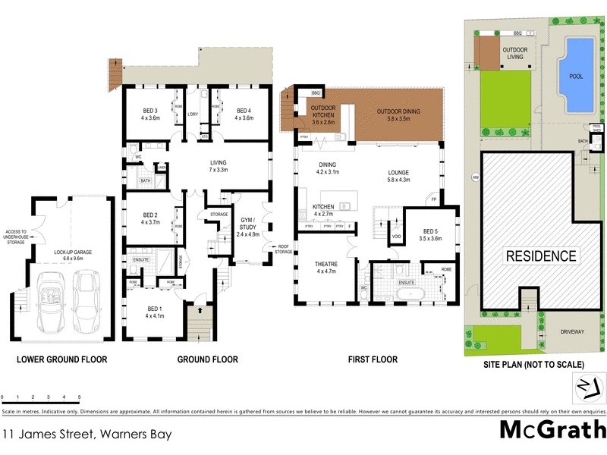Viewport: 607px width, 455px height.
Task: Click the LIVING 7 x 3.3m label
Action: tap(219, 166)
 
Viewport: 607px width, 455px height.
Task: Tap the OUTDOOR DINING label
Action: tap(398, 115)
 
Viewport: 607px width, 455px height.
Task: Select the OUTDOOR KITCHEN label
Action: tap(323, 115)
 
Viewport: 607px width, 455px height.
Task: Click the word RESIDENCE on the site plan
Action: tap(541, 256)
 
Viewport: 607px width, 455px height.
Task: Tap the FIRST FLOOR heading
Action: tap(373, 359)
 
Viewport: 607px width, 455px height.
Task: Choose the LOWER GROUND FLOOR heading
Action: tap(61, 359)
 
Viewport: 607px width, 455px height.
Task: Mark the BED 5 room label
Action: tap(431, 234)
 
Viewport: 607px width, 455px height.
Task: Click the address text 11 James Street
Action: tap(86, 435)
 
